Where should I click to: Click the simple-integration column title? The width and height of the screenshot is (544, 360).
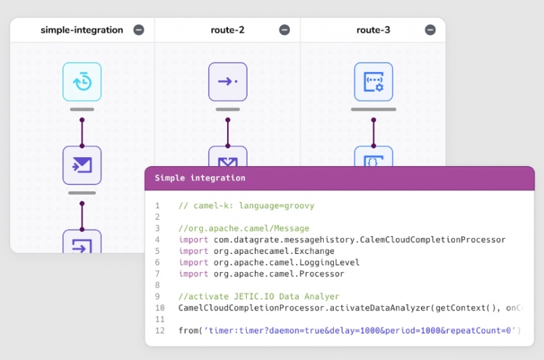tap(82, 30)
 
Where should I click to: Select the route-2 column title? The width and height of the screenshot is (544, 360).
tap(227, 30)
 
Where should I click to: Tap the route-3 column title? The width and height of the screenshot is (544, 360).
tap(373, 30)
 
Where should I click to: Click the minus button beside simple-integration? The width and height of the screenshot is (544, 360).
tap(139, 30)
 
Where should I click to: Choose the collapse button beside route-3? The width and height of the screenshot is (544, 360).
tap(430, 30)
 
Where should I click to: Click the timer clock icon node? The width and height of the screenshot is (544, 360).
tap(82, 82)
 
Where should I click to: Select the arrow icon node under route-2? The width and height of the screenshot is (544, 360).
tap(228, 82)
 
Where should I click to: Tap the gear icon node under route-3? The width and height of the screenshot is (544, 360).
tap(373, 82)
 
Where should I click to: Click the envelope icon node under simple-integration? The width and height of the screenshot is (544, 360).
tap(82, 165)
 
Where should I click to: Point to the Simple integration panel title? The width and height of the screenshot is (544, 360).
tap(200, 178)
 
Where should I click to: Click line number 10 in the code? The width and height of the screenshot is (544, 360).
tap(157, 308)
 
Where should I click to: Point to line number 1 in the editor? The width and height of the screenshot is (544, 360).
tap(157, 206)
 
